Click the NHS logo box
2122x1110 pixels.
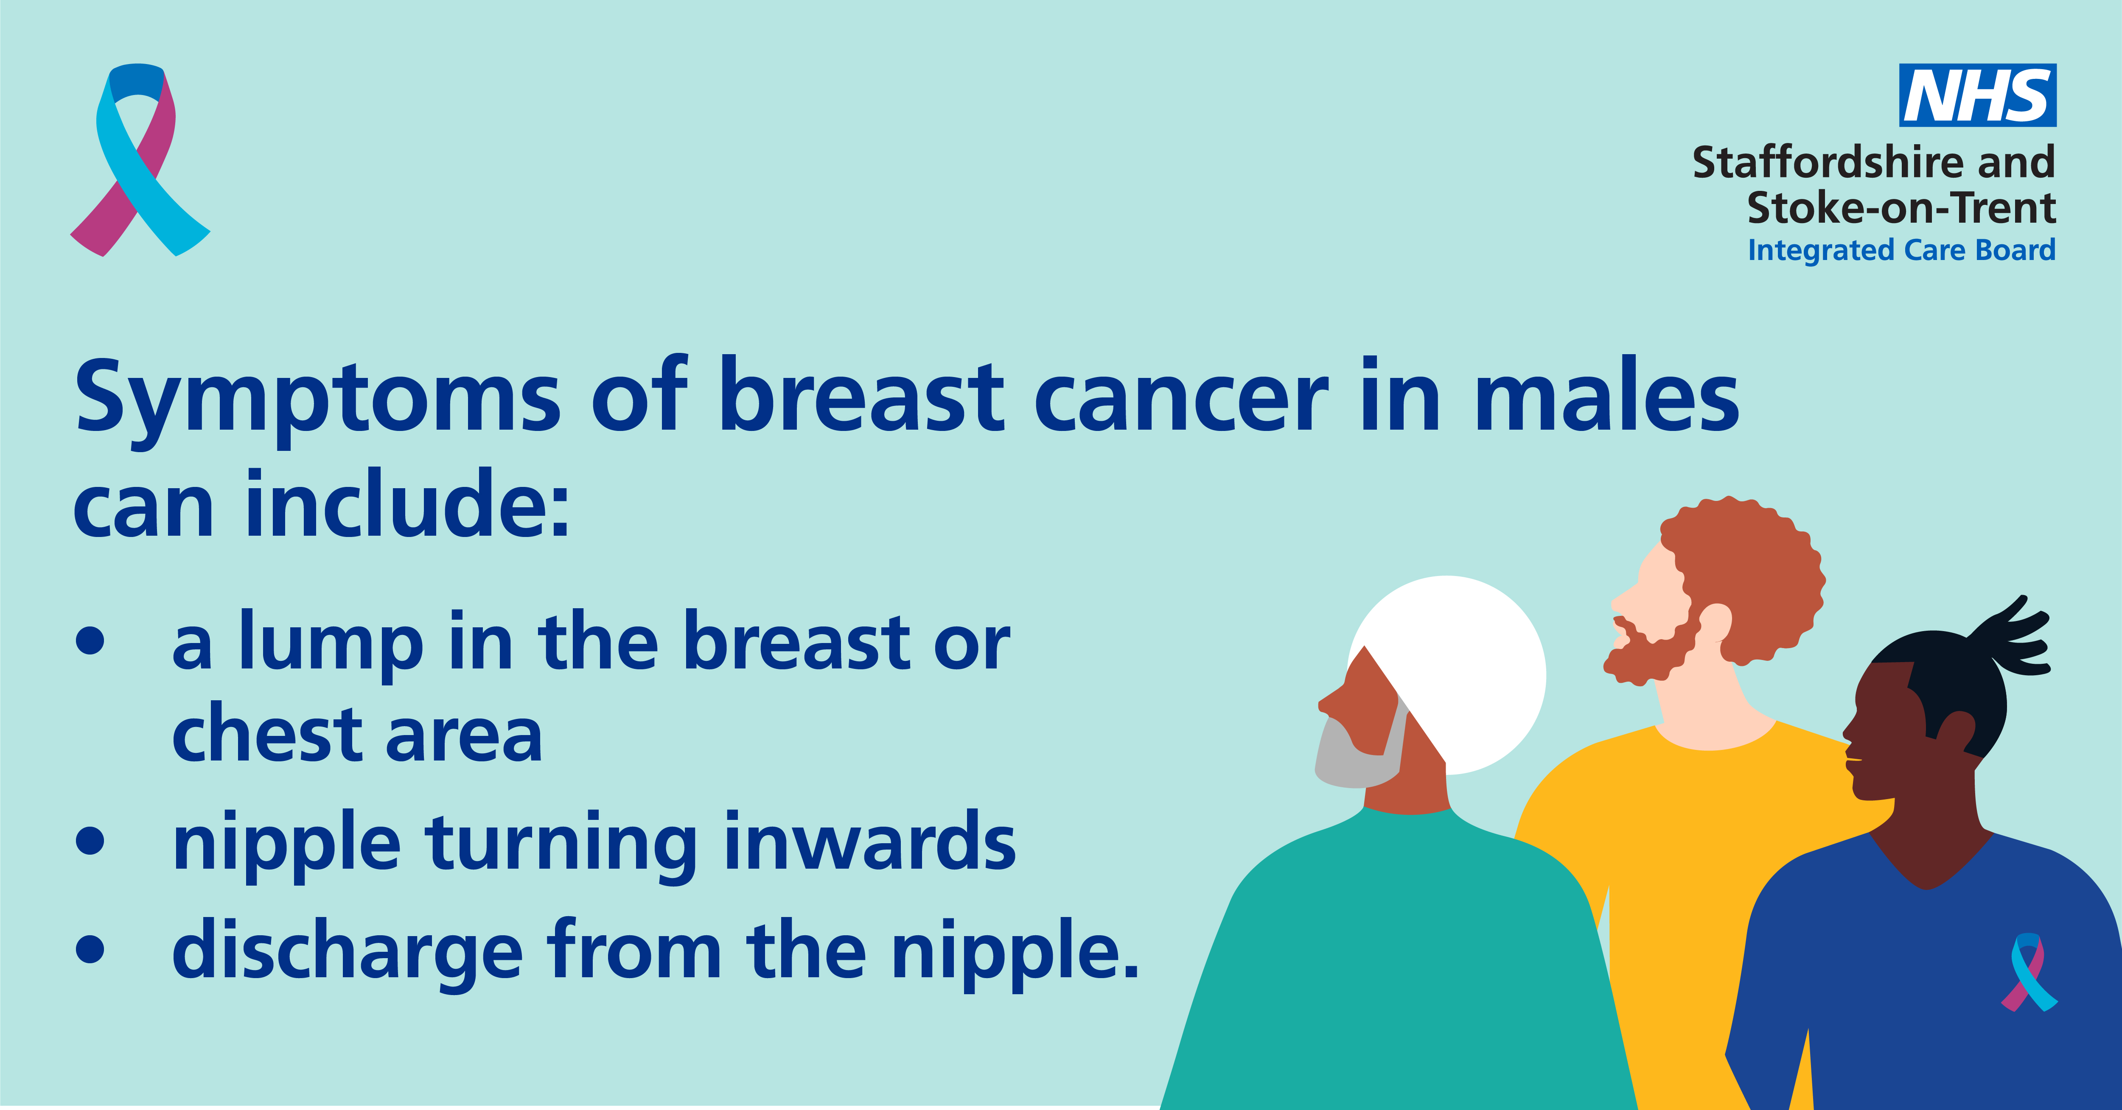click(x=1977, y=95)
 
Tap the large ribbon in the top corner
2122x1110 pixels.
click(x=138, y=159)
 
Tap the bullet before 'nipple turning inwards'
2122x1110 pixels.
click(x=91, y=840)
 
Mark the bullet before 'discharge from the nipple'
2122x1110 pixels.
click(x=91, y=948)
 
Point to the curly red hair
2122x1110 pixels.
click(x=1746, y=576)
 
